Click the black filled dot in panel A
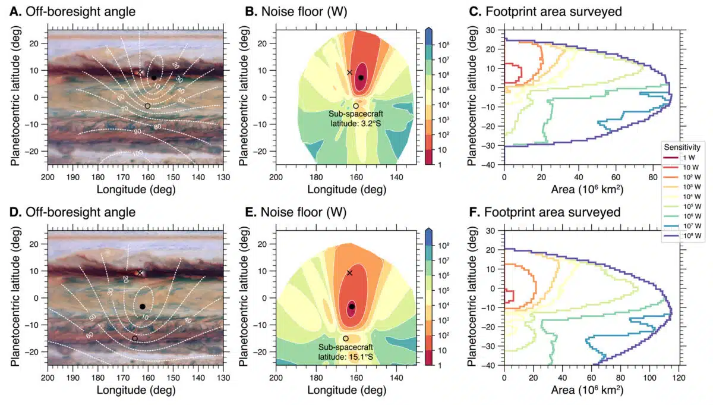[153, 77]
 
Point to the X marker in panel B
[350, 72]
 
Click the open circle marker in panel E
[346, 338]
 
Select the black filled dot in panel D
[143, 306]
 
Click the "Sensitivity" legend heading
[684, 146]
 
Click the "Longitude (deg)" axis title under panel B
[346, 190]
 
